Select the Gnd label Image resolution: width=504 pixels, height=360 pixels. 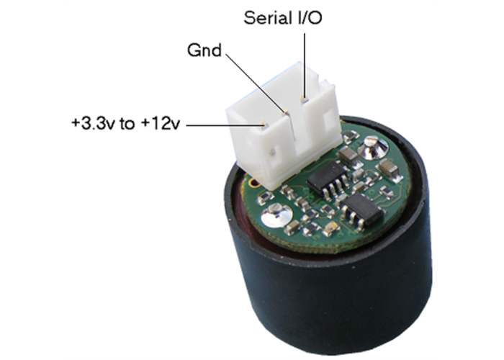(x=204, y=51)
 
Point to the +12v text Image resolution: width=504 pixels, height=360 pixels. (x=160, y=123)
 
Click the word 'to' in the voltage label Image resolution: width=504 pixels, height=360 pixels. (x=127, y=123)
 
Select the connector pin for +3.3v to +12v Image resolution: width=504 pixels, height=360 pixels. (x=266, y=125)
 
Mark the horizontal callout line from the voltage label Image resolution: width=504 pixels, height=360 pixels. (x=223, y=124)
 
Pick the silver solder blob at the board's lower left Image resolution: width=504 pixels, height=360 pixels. (x=276, y=215)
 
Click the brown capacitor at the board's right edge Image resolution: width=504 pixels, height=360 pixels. (x=390, y=169)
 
